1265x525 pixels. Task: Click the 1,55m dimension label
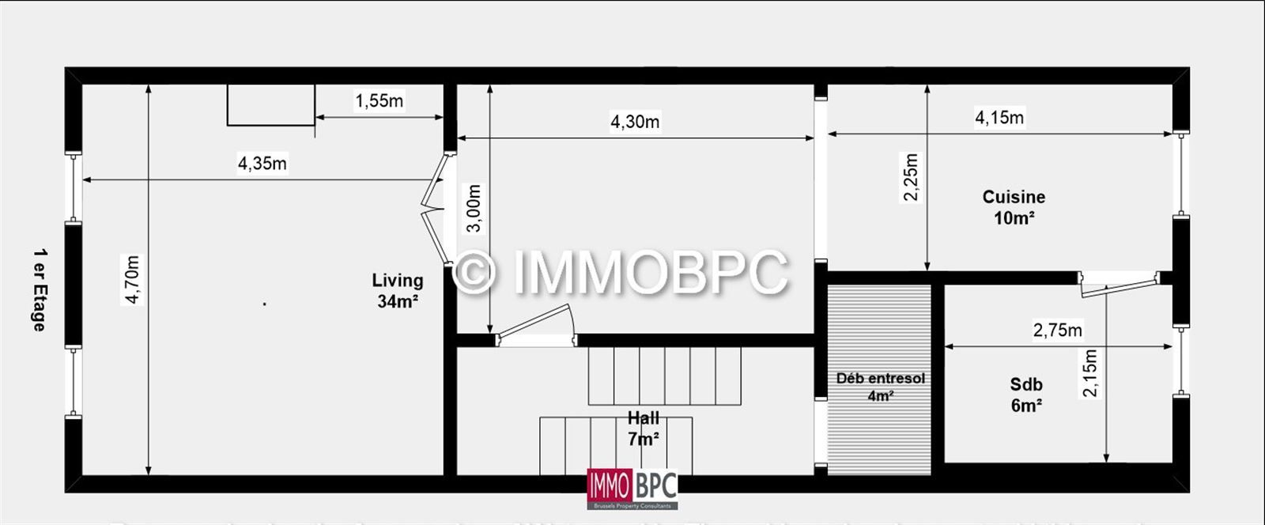coord(379,100)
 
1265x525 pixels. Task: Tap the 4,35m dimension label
coord(262,164)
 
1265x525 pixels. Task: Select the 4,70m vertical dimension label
coord(132,279)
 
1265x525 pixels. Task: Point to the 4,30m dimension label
coord(635,122)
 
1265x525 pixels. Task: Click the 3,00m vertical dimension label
coord(473,209)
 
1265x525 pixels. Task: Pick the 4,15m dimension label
coord(999,118)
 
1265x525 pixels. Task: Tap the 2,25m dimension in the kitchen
coord(911,177)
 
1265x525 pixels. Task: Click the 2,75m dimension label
coord(1057,330)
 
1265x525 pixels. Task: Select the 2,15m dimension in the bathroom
coord(1090,373)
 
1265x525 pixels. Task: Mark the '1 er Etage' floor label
coord(39,289)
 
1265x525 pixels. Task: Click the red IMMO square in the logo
coord(609,485)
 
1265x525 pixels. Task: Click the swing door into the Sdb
coord(1118,285)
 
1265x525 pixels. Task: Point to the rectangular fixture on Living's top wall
coord(270,105)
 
